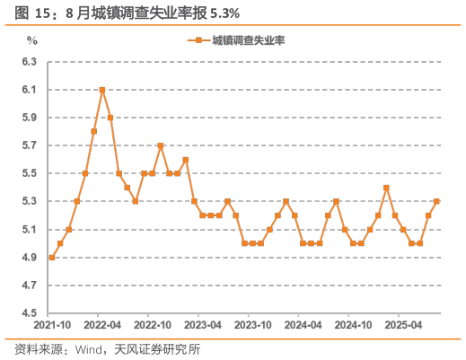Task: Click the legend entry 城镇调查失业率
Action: point(242,40)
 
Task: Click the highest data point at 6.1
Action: point(102,90)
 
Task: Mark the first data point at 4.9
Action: point(52,258)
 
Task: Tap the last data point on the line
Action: point(436,201)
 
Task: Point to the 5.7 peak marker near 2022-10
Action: point(161,145)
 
